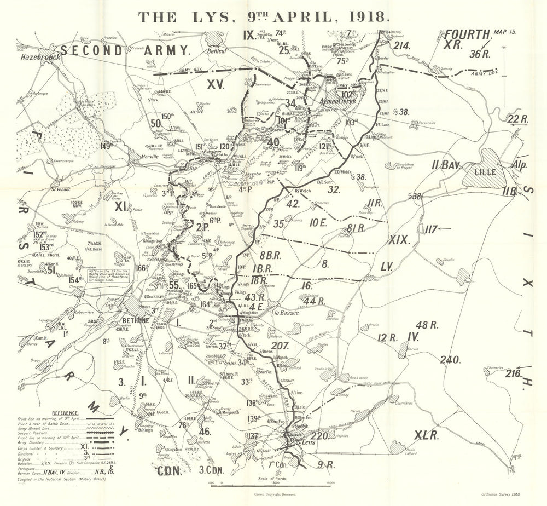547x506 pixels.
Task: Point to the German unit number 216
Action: click(x=512, y=374)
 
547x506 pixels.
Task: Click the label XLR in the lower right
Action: click(x=427, y=435)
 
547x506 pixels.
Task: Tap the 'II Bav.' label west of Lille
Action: click(x=445, y=163)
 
